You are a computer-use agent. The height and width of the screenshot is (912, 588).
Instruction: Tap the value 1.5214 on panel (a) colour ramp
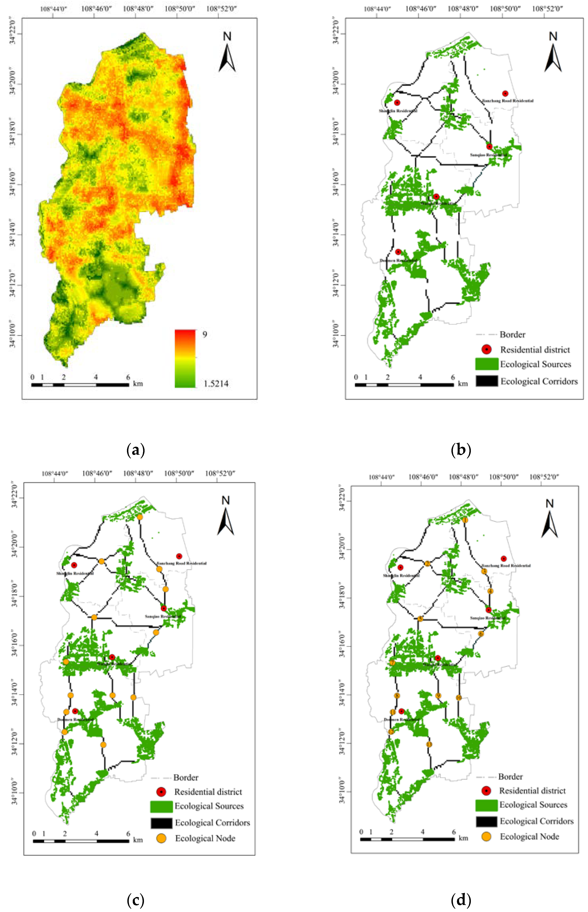pos(216,384)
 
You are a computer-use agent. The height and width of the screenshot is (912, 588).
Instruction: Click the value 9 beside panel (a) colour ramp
pos(205,334)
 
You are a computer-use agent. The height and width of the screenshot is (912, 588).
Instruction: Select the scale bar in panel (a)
pos(80,385)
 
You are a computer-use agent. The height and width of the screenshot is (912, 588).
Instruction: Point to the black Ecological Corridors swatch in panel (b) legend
pos(487,381)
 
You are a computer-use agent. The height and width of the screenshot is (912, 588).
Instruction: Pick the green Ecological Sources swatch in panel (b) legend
pos(487,364)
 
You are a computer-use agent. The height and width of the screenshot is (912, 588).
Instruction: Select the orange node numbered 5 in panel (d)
pos(420,619)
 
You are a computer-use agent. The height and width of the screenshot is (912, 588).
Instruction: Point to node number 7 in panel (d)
pos(392,663)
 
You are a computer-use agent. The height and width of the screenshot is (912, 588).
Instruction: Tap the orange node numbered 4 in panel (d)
pos(490,591)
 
